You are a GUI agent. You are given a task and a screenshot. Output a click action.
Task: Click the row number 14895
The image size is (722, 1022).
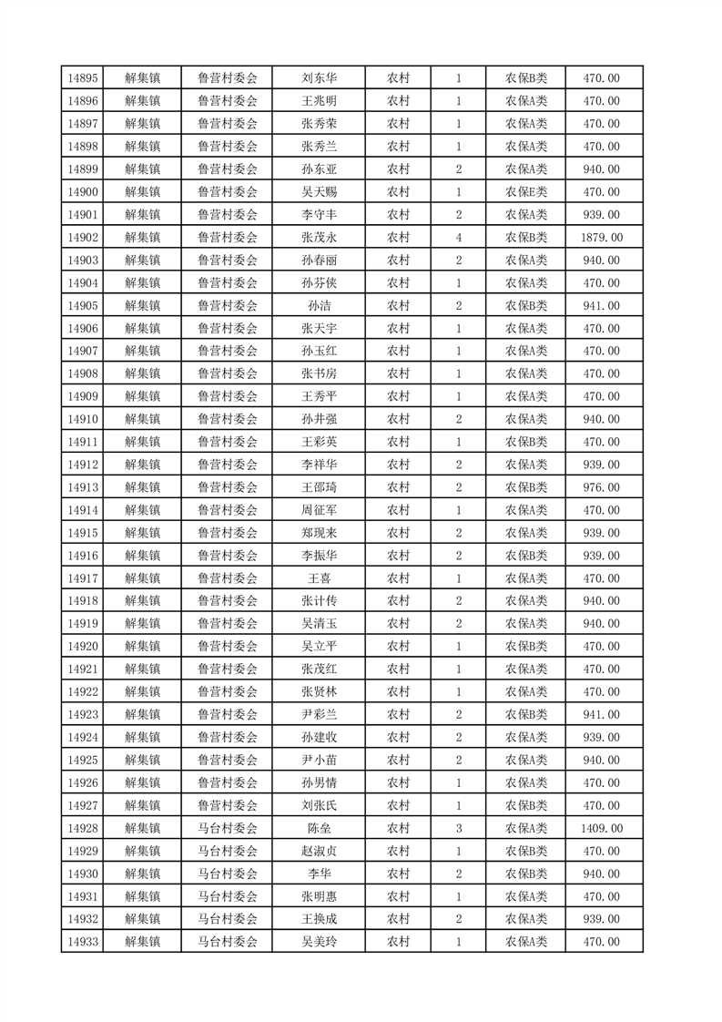(83, 78)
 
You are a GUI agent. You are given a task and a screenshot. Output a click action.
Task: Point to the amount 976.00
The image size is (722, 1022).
(601, 487)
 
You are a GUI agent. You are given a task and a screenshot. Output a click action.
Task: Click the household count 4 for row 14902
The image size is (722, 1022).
(458, 238)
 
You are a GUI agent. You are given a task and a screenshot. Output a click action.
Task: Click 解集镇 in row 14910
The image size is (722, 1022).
(143, 419)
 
